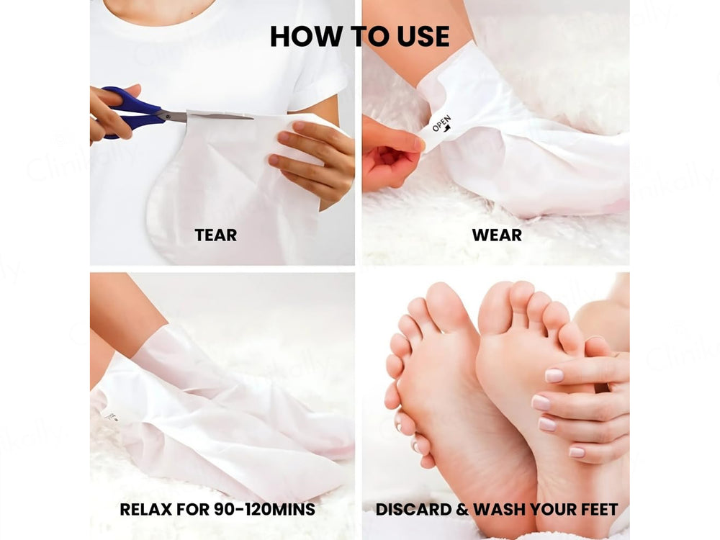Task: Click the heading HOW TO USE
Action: pyautogui.click(x=359, y=35)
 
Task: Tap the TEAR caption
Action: pyautogui.click(x=215, y=235)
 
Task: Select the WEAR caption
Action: pyautogui.click(x=497, y=235)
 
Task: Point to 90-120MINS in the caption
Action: pyautogui.click(x=265, y=510)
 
